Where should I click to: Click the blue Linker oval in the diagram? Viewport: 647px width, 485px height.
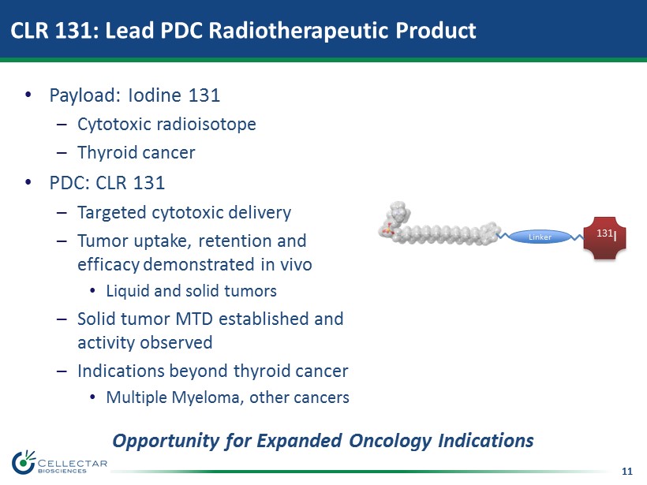click(540, 237)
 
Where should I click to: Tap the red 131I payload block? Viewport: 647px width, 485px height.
click(605, 238)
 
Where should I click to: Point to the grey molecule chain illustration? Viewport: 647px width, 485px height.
click(439, 224)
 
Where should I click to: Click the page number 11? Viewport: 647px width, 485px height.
click(626, 472)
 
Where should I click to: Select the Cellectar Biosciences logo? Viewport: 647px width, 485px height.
click(59, 463)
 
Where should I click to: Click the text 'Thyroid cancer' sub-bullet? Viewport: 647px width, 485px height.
click(137, 152)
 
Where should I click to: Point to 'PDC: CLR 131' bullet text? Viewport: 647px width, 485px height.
click(107, 183)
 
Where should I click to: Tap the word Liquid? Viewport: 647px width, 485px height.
click(128, 291)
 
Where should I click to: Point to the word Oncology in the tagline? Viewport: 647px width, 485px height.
click(391, 441)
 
